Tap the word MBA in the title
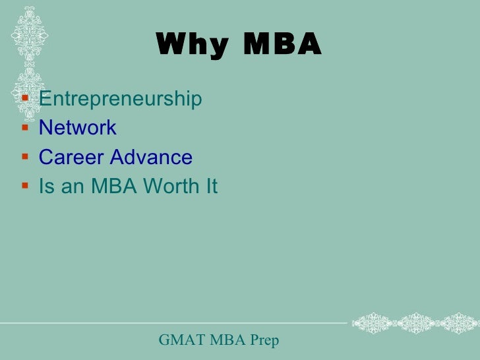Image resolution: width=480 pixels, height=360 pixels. pyautogui.click(x=282, y=45)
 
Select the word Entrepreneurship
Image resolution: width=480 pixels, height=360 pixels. pyautogui.click(x=120, y=99)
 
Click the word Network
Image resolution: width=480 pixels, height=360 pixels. pyautogui.click(x=78, y=127)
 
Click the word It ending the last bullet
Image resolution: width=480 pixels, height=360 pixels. pyautogui.click(x=210, y=187)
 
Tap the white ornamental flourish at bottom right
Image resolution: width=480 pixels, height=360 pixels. pyautogui.click(x=415, y=323)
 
